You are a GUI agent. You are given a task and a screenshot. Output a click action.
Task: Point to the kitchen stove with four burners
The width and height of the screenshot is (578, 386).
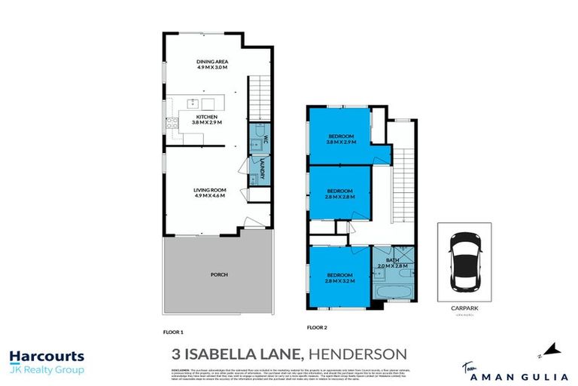172,125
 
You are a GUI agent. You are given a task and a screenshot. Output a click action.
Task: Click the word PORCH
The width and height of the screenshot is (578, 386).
219,274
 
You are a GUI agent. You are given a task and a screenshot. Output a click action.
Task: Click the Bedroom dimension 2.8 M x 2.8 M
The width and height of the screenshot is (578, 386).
340,198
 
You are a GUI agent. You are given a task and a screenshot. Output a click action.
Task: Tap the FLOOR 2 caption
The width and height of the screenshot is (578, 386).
317,328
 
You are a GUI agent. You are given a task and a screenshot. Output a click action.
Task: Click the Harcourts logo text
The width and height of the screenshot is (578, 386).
47,357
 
